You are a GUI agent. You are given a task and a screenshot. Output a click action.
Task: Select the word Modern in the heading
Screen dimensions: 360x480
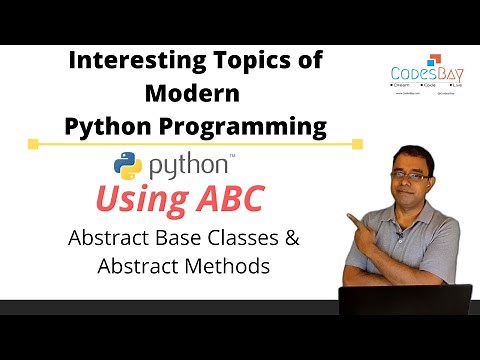pyautogui.click(x=196, y=94)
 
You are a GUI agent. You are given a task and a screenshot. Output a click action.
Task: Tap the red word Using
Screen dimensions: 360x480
pyautogui.click(x=140, y=198)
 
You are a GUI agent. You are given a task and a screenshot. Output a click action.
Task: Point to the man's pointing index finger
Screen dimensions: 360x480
pyautogui.click(x=351, y=215)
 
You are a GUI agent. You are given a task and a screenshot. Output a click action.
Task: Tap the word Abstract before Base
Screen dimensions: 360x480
pyautogui.click(x=111, y=239)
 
